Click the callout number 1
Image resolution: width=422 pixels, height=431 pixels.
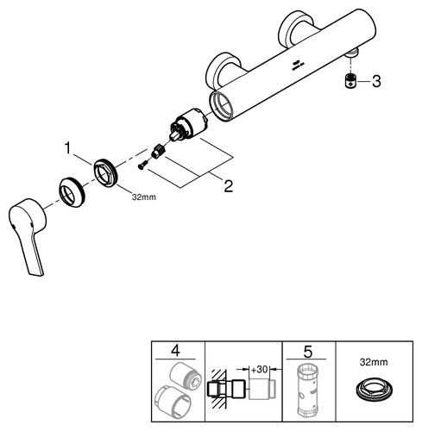pyautogui.click(x=67, y=148)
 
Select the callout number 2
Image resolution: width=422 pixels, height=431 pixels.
pyautogui.click(x=229, y=186)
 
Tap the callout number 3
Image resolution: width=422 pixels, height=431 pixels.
pyautogui.click(x=376, y=81)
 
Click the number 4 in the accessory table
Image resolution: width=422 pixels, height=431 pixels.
pyautogui.click(x=175, y=351)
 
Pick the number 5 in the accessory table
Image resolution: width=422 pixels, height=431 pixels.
pyautogui.click(x=307, y=351)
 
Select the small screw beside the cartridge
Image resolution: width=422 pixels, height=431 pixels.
pyautogui.click(x=143, y=166)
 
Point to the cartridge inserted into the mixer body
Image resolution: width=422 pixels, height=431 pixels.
pyautogui.click(x=187, y=124)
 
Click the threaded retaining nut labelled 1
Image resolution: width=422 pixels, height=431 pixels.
pyautogui.click(x=104, y=172)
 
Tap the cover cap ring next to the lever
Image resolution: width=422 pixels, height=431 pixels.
pyautogui.click(x=72, y=192)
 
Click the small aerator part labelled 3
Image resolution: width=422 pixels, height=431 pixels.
pyautogui.click(x=350, y=81)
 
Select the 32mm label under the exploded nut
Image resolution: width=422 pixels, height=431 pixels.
pyautogui.click(x=144, y=197)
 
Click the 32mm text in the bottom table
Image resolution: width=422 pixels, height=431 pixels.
pyautogui.click(x=374, y=362)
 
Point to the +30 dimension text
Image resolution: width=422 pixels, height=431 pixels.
pyautogui.click(x=260, y=369)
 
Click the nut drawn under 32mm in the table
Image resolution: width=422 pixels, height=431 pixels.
pyautogui.click(x=374, y=388)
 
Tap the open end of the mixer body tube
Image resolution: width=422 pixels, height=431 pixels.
pyautogui.click(x=221, y=106)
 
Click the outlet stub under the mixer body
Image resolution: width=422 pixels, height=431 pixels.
pyautogui.click(x=351, y=53)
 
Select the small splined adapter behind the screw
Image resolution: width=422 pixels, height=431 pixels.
pyautogui.click(x=158, y=151)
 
